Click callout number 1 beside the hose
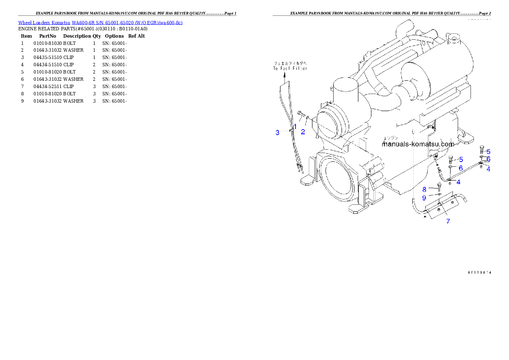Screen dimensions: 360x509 point(295,127)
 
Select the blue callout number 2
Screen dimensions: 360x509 point(303,132)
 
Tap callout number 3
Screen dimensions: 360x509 point(277,133)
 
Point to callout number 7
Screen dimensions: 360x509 point(448,221)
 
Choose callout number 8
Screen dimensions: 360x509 point(424,189)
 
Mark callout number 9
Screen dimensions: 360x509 point(424,198)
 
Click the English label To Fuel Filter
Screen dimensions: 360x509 point(290,68)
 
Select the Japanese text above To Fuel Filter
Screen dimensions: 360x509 point(290,63)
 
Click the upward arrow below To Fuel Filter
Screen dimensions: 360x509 point(285,77)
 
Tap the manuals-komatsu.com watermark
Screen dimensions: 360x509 point(417,144)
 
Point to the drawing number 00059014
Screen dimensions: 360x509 point(479,272)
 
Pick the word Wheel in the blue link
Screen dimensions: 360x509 point(24,23)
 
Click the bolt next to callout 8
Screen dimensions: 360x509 point(439,186)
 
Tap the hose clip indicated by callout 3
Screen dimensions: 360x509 point(290,130)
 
